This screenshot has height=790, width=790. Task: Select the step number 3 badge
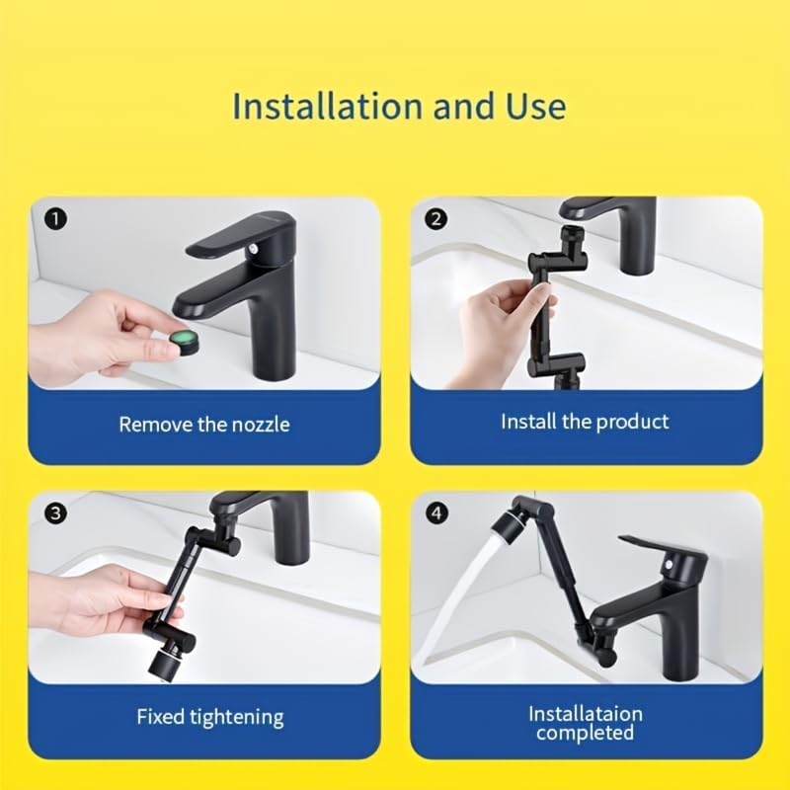56,513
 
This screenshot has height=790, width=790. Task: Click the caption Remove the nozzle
204,425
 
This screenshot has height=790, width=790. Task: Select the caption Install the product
585,422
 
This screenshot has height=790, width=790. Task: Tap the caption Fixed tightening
209,716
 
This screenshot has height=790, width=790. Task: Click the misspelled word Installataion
586,713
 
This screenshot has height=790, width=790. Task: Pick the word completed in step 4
586,733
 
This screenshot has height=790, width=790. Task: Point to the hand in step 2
499,326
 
